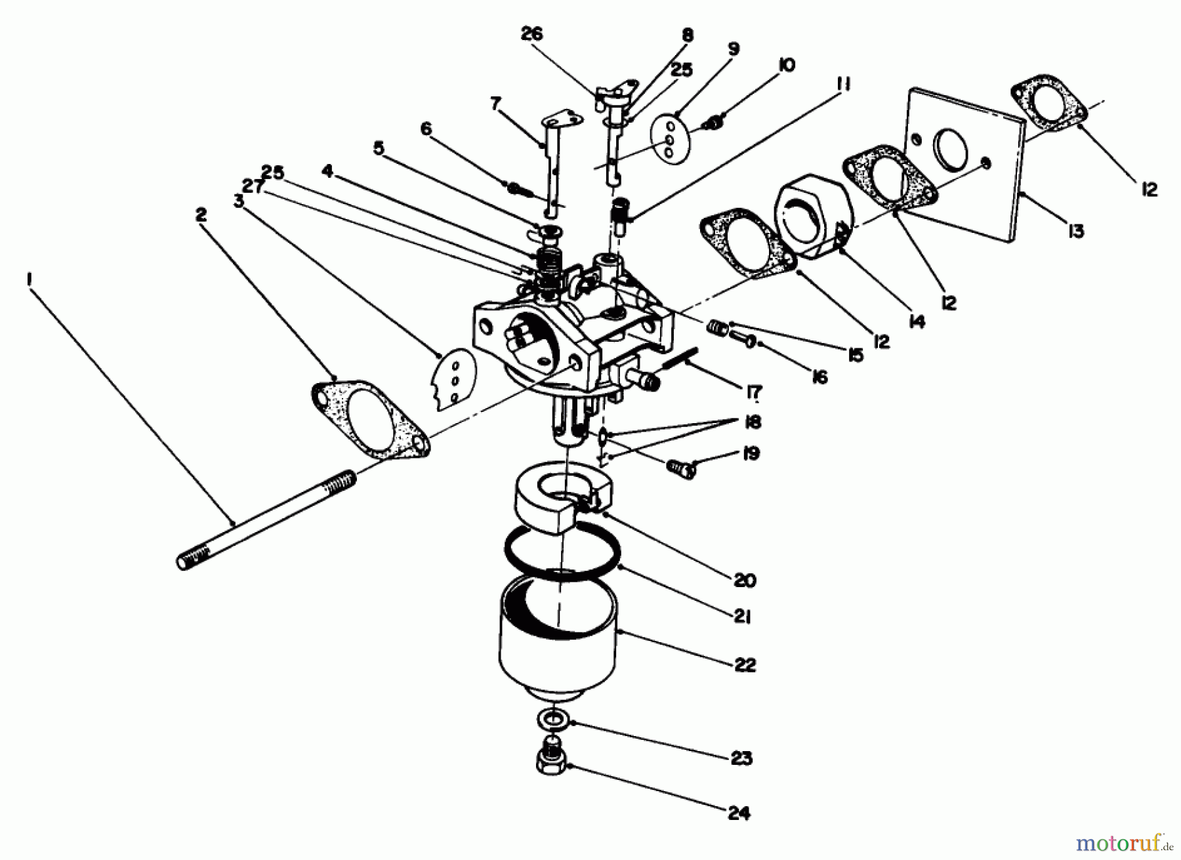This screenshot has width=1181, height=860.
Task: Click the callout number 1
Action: point(28,280)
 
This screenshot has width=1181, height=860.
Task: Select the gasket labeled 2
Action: point(369,418)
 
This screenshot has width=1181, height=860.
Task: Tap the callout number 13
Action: point(1075,231)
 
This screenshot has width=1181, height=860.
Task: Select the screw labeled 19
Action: point(680,468)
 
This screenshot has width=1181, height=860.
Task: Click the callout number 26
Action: point(531,34)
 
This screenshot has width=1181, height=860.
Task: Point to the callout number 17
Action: point(753,392)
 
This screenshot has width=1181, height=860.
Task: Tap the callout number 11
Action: point(843,85)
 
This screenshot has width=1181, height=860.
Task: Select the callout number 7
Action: point(495,103)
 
